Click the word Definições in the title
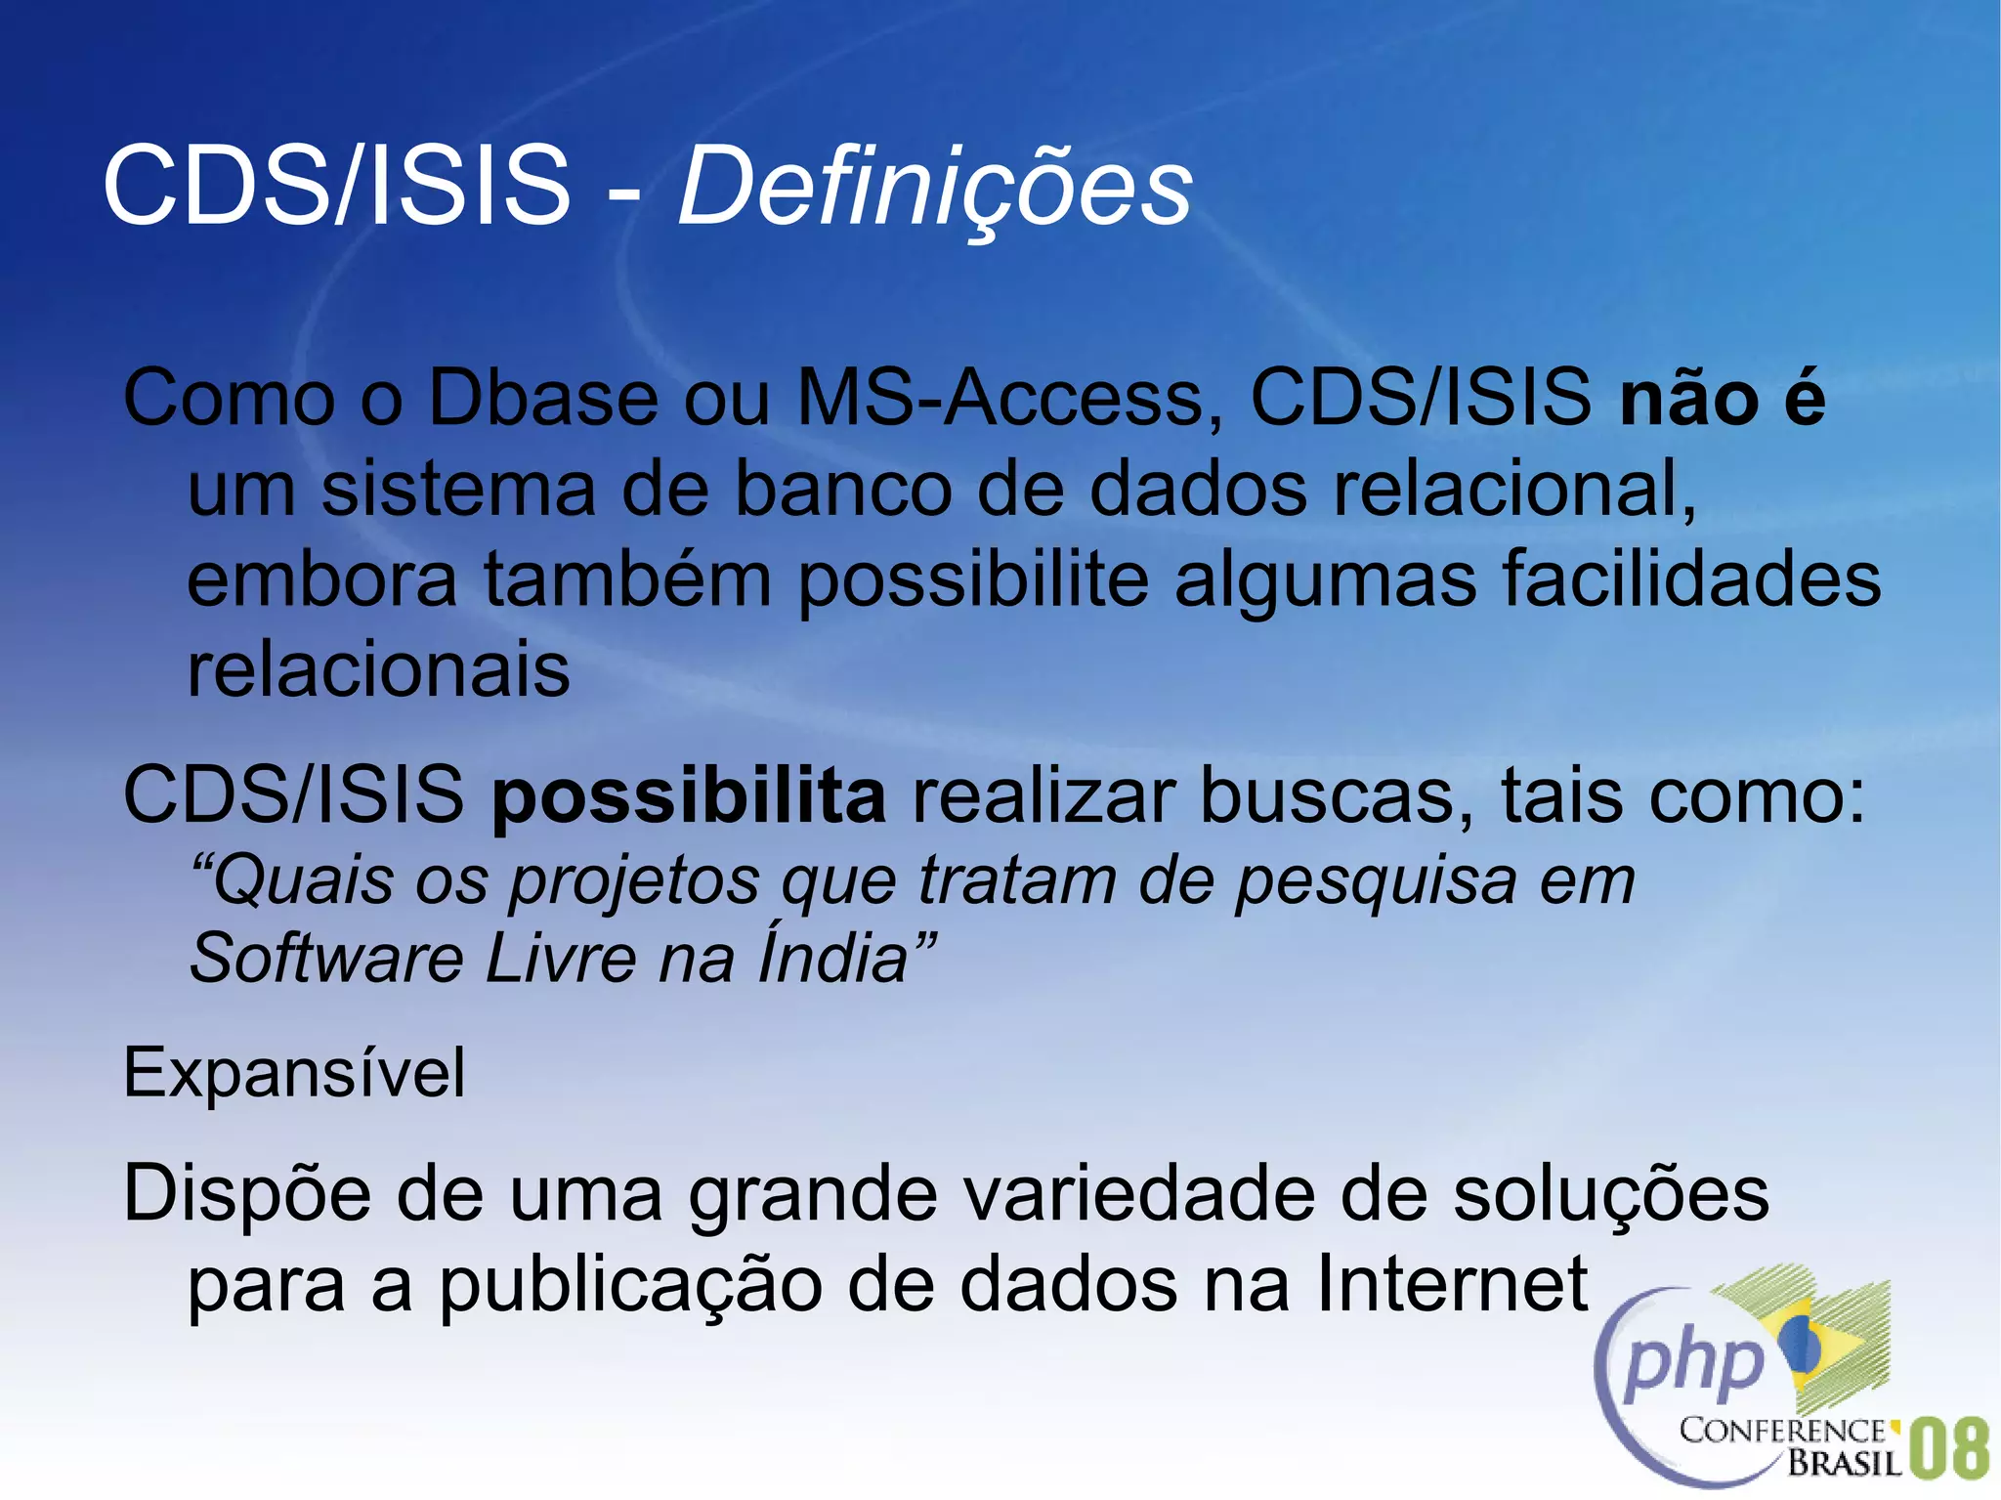[x=934, y=186]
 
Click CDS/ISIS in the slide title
[x=336, y=186]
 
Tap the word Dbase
[x=543, y=399]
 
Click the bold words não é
[x=1722, y=399]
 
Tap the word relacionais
[x=378, y=670]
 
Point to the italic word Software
[x=326, y=958]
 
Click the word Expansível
[x=294, y=1073]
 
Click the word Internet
[x=1452, y=1284]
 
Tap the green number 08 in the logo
[x=1947, y=1449]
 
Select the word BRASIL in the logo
[x=1845, y=1463]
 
